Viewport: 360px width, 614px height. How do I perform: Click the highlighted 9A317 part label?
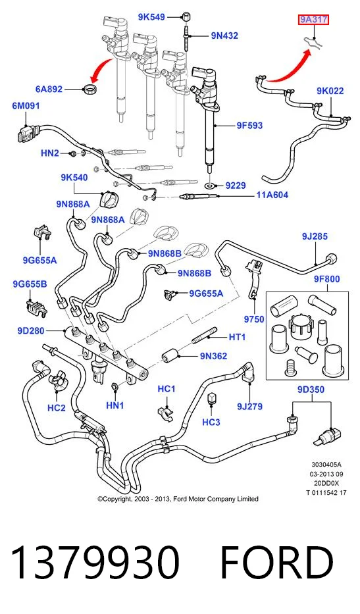(313, 20)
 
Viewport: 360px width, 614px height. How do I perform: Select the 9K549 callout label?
(151, 17)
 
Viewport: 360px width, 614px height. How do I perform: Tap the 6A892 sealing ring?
(91, 88)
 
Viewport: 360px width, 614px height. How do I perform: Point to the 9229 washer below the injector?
(211, 184)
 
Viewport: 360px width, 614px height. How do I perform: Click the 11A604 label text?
(272, 195)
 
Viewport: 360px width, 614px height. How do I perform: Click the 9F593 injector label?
(249, 125)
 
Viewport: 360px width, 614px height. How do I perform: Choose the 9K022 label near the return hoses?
(330, 91)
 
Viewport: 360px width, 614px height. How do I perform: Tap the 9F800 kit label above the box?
(326, 279)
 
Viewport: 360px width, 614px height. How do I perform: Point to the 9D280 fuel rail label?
(31, 331)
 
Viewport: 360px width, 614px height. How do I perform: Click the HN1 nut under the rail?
(115, 387)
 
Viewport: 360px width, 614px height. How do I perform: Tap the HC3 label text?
(211, 422)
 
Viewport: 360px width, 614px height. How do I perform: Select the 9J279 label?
(249, 407)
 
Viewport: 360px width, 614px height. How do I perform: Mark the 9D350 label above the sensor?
(311, 390)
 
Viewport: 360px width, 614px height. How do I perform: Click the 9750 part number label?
(254, 319)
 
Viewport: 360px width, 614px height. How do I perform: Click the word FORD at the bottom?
(277, 562)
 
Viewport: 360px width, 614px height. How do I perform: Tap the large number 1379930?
(95, 562)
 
